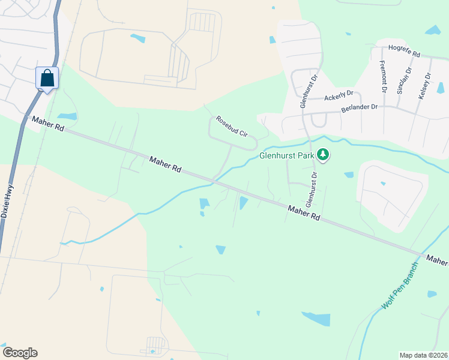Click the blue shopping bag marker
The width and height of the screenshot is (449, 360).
click(x=47, y=78)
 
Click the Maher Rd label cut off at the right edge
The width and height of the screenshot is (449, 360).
click(x=437, y=259)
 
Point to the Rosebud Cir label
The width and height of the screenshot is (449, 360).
click(x=232, y=126)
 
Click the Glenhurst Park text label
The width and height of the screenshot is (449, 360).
click(x=287, y=155)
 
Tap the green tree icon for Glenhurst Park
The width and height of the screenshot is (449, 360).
click(x=324, y=155)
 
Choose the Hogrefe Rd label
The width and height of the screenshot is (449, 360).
click(x=405, y=48)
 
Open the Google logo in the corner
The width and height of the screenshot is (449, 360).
click(x=20, y=353)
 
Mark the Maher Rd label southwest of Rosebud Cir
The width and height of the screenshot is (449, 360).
click(x=165, y=164)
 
